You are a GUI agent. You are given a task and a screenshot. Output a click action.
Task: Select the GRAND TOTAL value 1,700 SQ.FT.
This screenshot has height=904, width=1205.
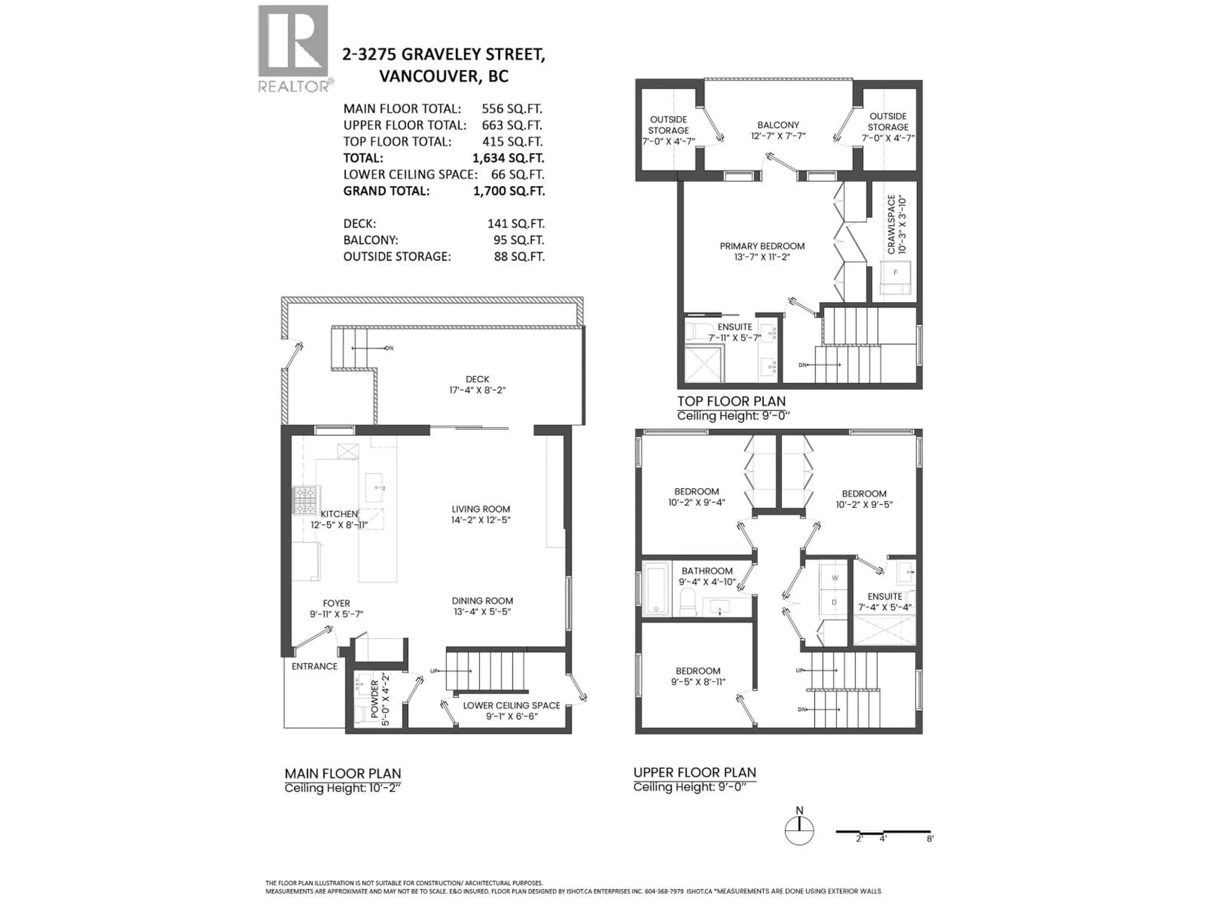(508, 191)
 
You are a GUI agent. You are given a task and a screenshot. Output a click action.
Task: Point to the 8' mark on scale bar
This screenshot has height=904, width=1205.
(929, 839)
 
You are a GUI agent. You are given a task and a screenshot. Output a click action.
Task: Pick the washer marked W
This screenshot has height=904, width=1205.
(835, 578)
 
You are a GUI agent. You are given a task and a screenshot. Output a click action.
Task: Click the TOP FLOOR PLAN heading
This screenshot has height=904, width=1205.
(731, 401)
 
